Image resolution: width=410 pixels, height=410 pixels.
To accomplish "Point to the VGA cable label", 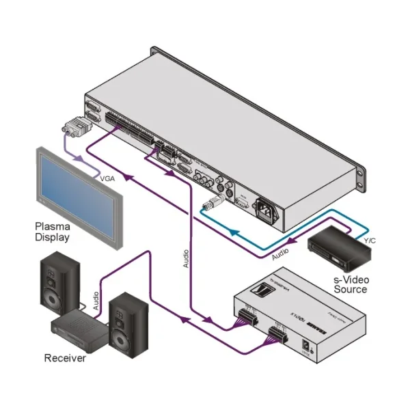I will (109, 179).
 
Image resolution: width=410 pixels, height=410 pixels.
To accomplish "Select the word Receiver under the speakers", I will (65, 357).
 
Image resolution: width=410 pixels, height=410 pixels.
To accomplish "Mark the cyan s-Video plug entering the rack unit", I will (213, 202).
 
